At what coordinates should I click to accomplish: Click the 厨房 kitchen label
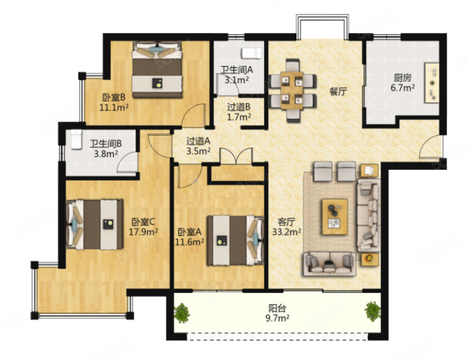pyautogui.click(x=403, y=78)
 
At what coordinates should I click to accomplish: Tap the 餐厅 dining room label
pyautogui.click(x=338, y=91)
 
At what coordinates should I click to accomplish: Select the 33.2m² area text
pyautogui.click(x=286, y=232)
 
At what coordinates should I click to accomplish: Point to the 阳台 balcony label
pyautogui.click(x=277, y=308)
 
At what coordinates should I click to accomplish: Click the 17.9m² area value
pyautogui.click(x=143, y=232)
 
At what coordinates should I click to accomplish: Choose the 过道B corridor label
pyautogui.click(x=239, y=107)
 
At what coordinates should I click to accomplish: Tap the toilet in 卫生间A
pyautogui.click(x=251, y=53)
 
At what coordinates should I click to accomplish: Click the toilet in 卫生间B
pyautogui.click(x=76, y=139)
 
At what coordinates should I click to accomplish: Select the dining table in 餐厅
pyautogui.click(x=292, y=91)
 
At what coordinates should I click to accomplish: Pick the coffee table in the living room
pyautogui.click(x=335, y=217)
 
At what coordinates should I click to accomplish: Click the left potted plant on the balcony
pyautogui.click(x=182, y=313)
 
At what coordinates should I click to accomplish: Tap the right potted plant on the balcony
pyautogui.click(x=373, y=311)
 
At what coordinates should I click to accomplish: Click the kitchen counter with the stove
pyautogui.click(x=432, y=83)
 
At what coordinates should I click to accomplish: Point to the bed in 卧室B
pyautogui.click(x=157, y=70)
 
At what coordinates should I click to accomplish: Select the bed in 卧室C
pyautogui.click(x=95, y=224)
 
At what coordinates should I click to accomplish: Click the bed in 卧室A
pyautogui.click(x=236, y=241)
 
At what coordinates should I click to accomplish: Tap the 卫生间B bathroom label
pyautogui.click(x=106, y=144)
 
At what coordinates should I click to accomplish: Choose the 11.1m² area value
pyautogui.click(x=114, y=107)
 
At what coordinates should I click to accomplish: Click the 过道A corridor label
pyautogui.click(x=199, y=140)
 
